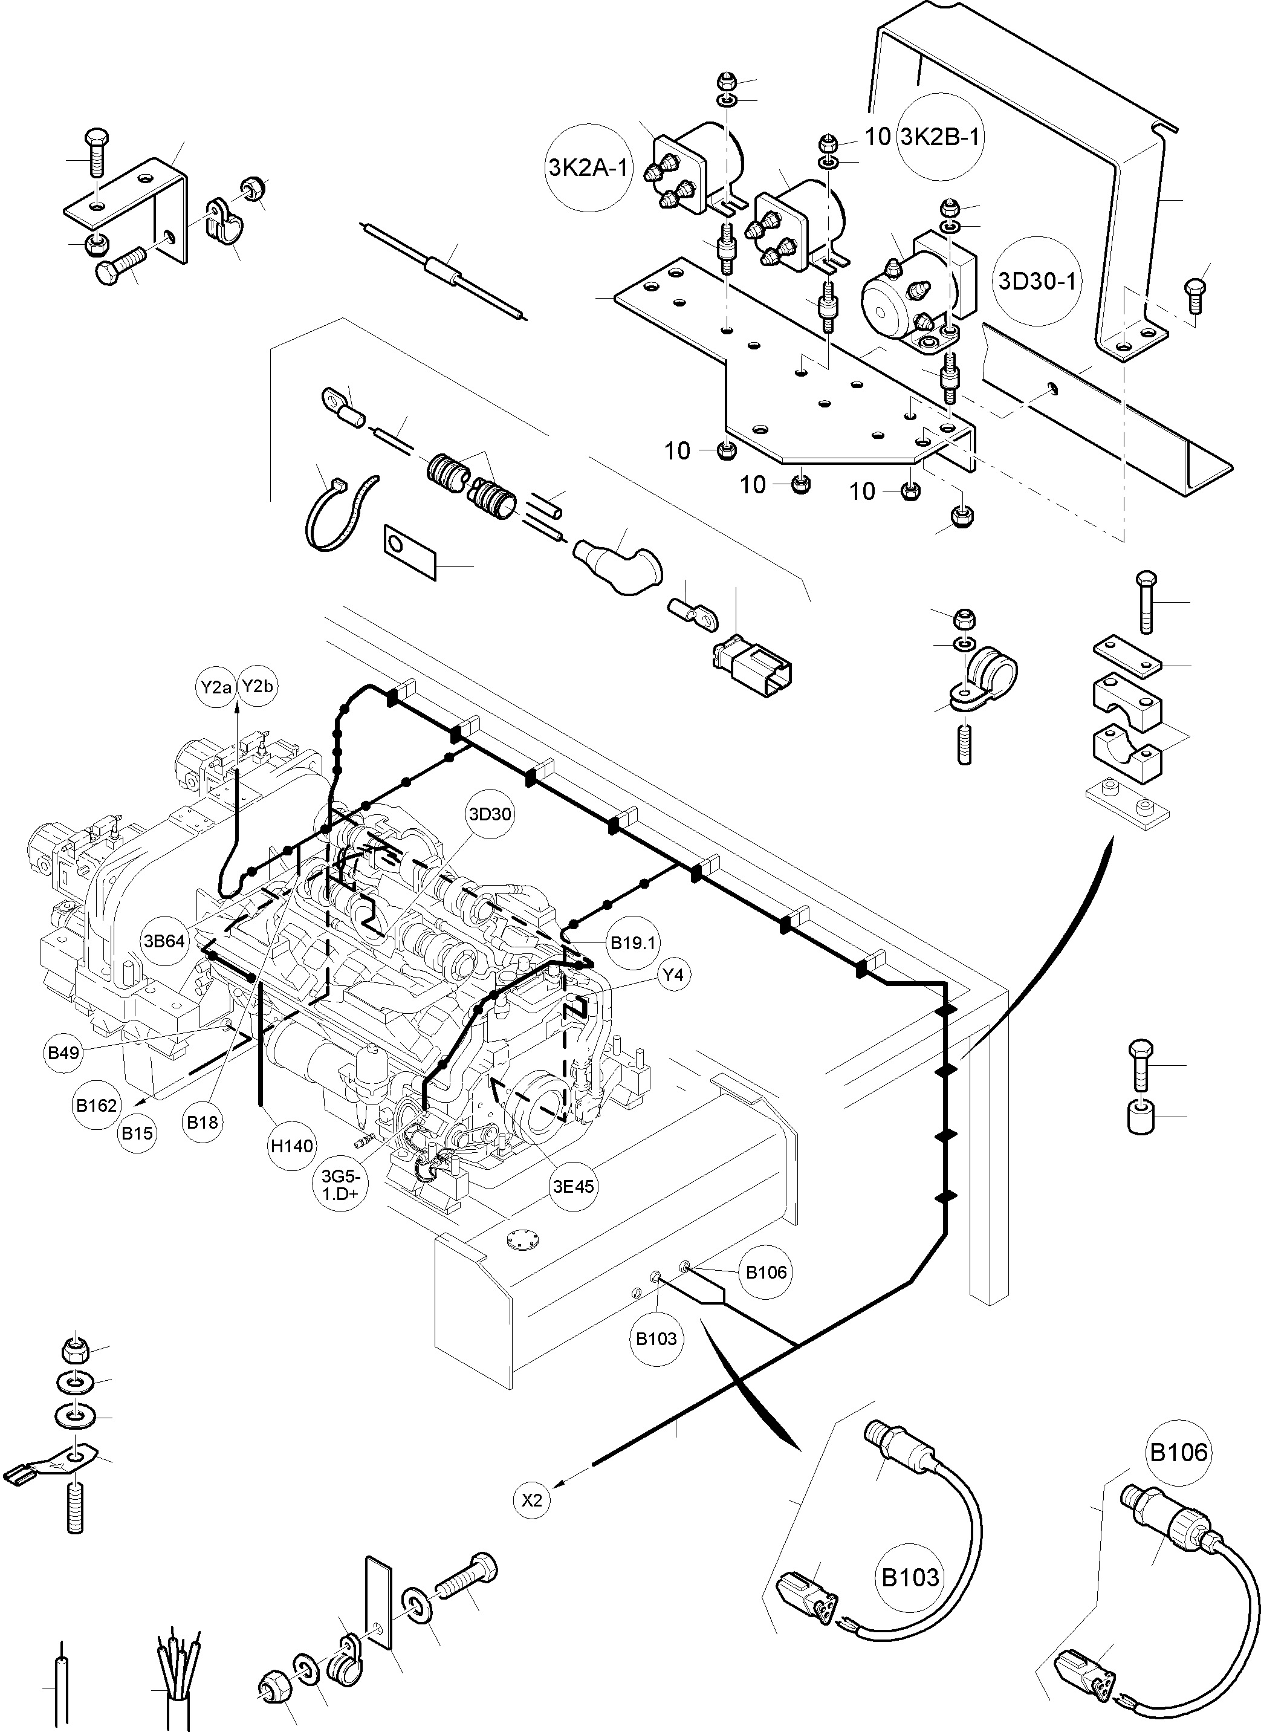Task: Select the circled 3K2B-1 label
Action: (x=939, y=137)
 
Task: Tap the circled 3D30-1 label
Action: (x=1037, y=281)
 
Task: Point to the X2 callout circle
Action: (x=533, y=1500)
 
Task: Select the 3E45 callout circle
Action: (x=574, y=1186)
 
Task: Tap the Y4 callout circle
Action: (x=673, y=975)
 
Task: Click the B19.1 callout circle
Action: (x=633, y=943)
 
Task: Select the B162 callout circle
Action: (x=97, y=1105)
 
